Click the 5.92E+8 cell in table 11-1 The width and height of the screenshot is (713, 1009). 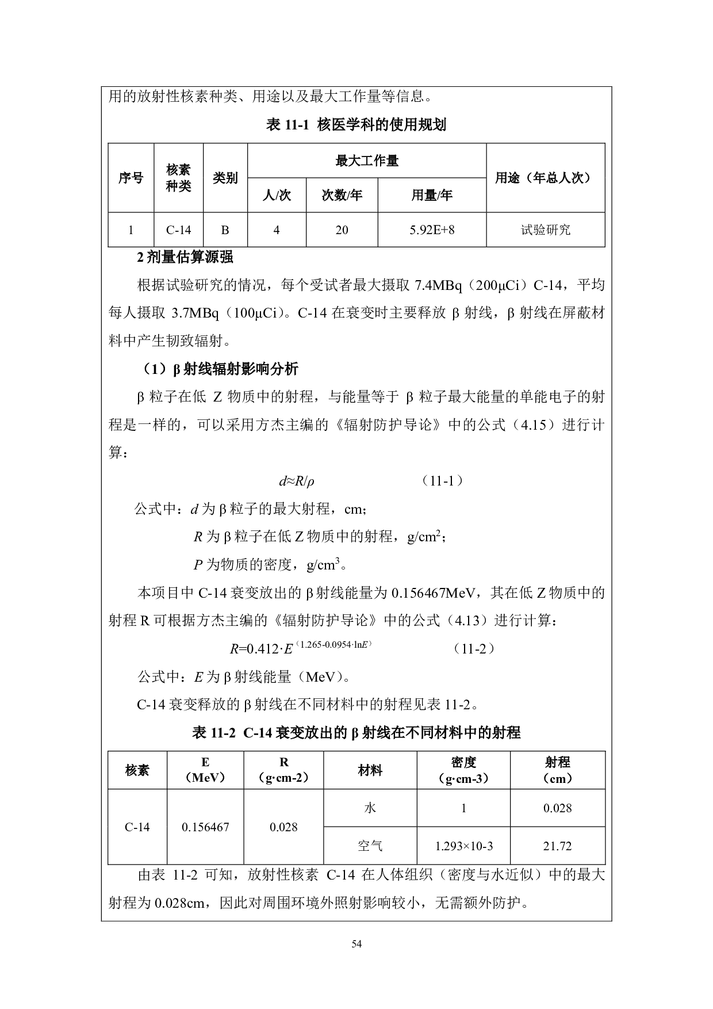(432, 230)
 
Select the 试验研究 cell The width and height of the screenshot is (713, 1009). (545, 230)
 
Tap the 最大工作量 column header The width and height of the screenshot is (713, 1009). (367, 161)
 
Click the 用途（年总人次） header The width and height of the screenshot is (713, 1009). (545, 178)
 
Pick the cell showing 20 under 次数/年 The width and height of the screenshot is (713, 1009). (342, 230)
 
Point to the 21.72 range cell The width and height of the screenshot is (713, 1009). (557, 846)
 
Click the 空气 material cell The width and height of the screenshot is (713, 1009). (370, 846)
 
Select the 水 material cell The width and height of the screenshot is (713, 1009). (370, 808)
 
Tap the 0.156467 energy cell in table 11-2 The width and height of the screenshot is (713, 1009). (205, 827)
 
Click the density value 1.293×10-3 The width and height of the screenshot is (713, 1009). (463, 846)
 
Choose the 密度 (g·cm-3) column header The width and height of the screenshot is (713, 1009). (463, 770)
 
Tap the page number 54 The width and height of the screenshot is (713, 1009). (356, 943)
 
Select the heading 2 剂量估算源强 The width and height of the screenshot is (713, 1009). (185, 257)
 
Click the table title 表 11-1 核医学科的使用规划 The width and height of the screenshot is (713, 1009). (356, 125)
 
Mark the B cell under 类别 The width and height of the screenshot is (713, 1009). (225, 230)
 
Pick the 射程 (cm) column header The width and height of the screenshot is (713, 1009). (557, 770)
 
